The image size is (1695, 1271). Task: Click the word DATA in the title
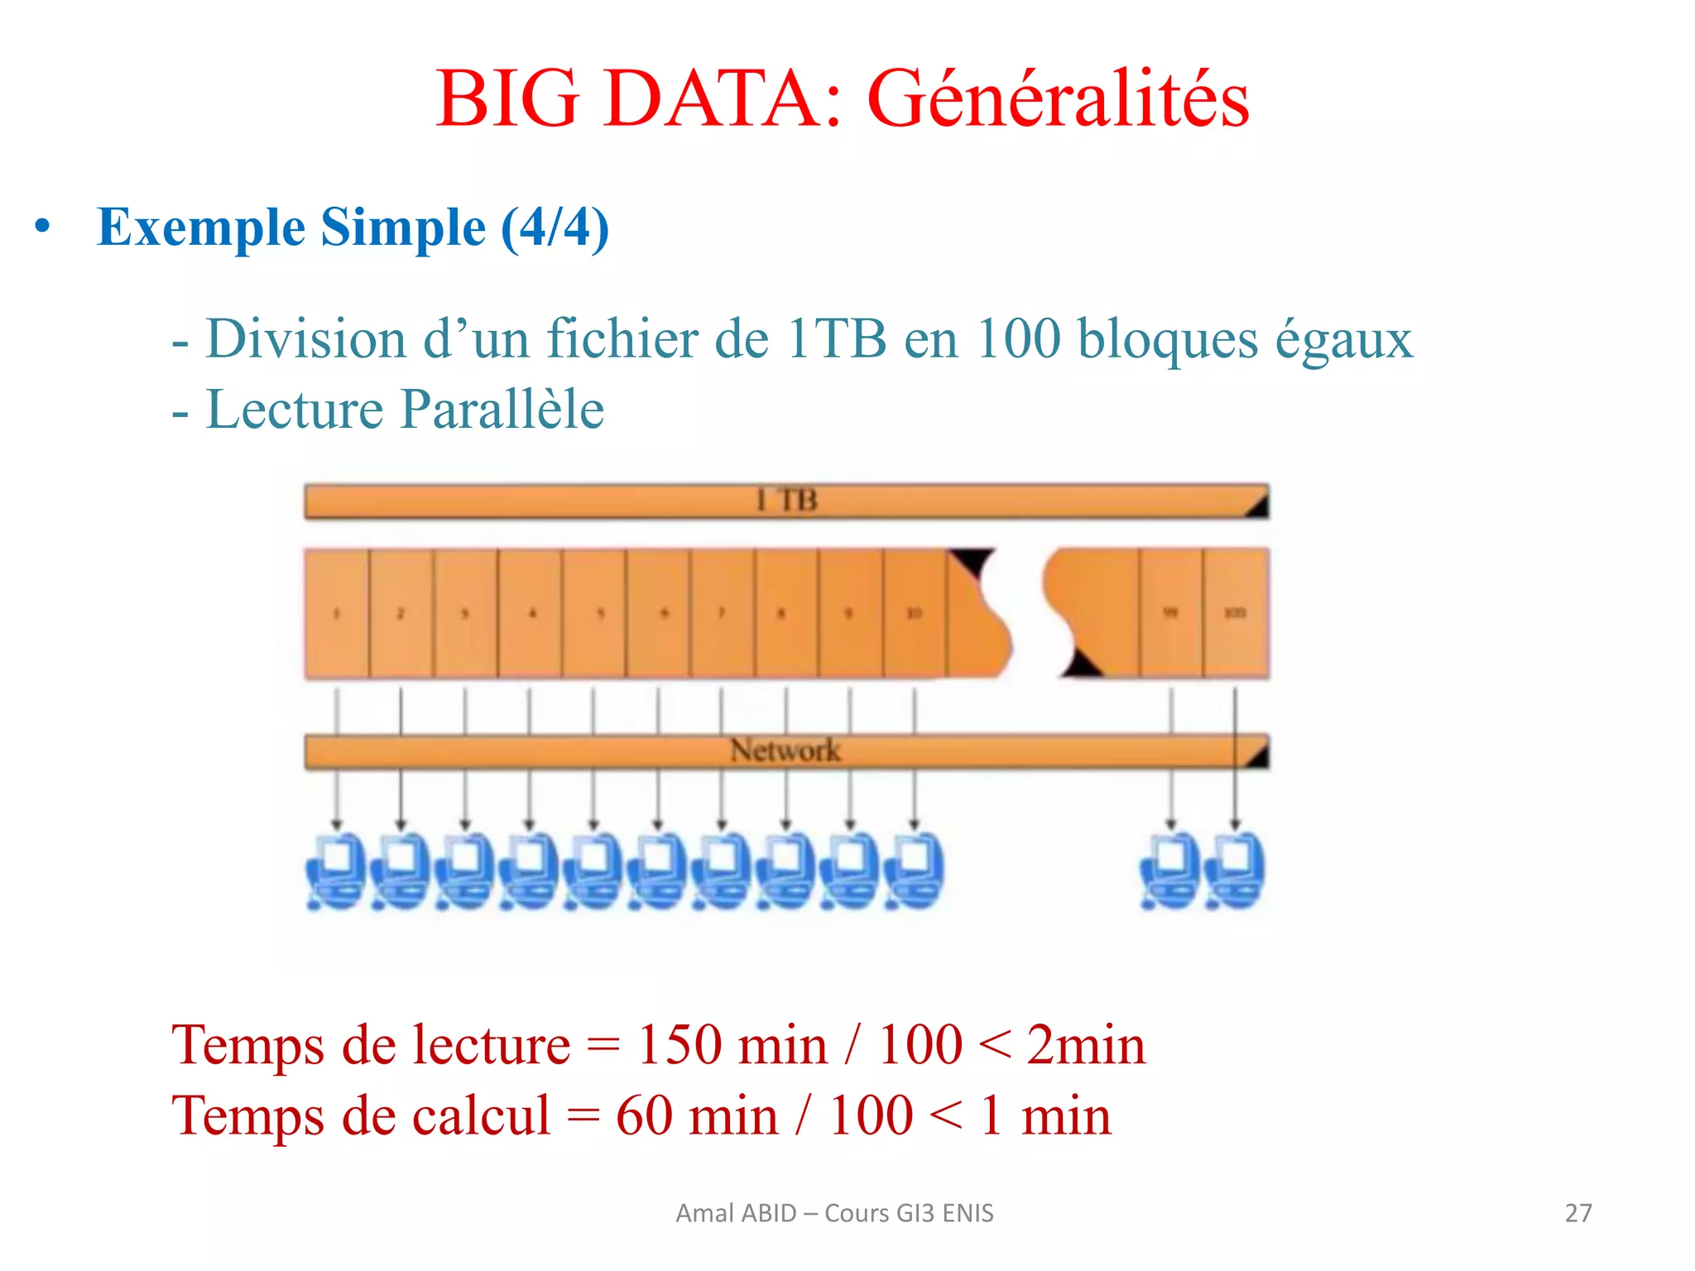pyautogui.click(x=711, y=99)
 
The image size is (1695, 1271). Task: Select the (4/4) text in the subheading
pyautogui.click(x=555, y=228)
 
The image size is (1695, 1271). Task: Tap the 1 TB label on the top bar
pyautogui.click(x=786, y=501)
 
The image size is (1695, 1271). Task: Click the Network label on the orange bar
pyautogui.click(x=785, y=751)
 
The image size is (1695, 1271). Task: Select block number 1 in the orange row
pyautogui.click(x=337, y=613)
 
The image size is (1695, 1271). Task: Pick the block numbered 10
pyautogui.click(x=914, y=613)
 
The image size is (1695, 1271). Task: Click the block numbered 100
pyautogui.click(x=1235, y=613)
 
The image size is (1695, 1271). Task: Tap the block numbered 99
pyautogui.click(x=1170, y=613)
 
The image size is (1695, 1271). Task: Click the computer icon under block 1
pyautogui.click(x=335, y=871)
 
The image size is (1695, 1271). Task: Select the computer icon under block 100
pyautogui.click(x=1236, y=871)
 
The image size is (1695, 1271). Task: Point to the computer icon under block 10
pyautogui.click(x=914, y=871)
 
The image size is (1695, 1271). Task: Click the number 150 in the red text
pyautogui.click(x=679, y=1045)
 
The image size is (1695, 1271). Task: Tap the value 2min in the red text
pyautogui.click(x=1086, y=1045)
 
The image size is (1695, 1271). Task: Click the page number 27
pyautogui.click(x=1578, y=1213)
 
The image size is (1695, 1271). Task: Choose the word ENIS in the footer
pyautogui.click(x=968, y=1213)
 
